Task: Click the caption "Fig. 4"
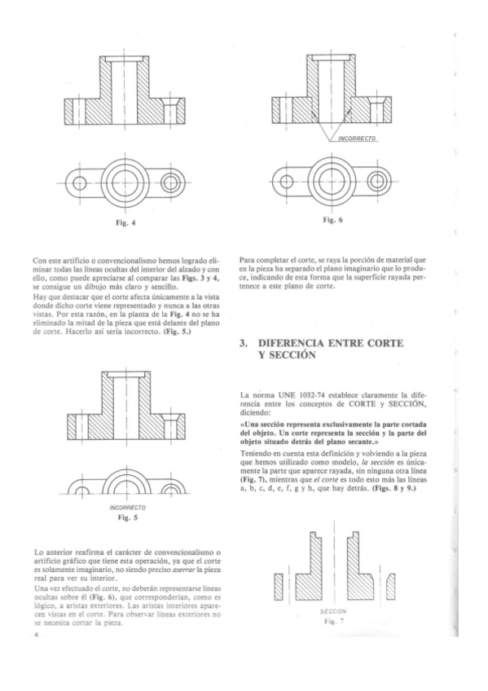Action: (125, 223)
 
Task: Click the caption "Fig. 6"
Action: (333, 220)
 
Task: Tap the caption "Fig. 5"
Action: (127, 517)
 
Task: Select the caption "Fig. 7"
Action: (333, 621)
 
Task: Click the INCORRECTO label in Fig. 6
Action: (357, 139)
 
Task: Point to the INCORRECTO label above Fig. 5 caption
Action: (127, 508)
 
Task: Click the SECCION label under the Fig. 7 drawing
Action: (333, 612)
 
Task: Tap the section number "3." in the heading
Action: (244, 343)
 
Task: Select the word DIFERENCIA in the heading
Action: (290, 343)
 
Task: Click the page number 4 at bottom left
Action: (36, 634)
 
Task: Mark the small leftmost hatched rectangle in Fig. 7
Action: (278, 587)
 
